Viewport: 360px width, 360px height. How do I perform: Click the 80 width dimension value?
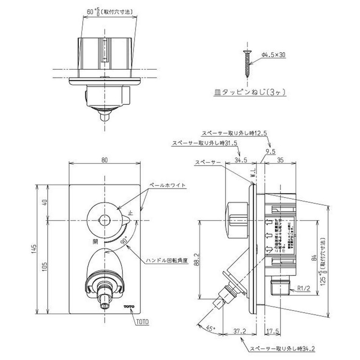coord(104,159)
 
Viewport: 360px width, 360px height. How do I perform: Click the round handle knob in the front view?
coord(104,220)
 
